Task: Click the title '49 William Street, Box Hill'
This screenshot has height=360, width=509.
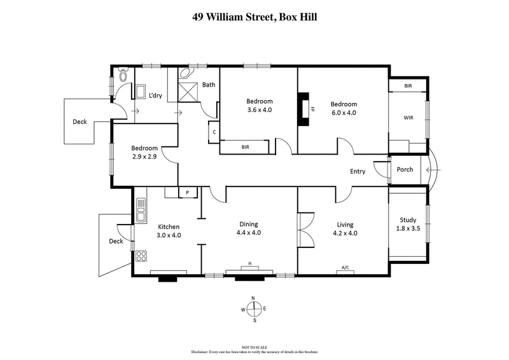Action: [x=254, y=17]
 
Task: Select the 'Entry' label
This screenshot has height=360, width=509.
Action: [x=358, y=171]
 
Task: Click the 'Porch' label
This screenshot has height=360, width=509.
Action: [x=405, y=169]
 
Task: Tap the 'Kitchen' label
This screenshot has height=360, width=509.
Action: [x=169, y=226]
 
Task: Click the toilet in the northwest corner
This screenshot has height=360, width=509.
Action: [x=123, y=77]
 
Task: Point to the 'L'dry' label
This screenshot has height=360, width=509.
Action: [x=155, y=96]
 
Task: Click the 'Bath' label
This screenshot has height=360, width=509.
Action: [x=209, y=85]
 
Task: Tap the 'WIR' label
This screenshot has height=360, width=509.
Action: [x=408, y=118]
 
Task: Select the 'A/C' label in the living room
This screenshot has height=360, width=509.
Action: [x=345, y=268]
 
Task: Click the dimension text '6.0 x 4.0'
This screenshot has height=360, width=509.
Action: [x=343, y=113]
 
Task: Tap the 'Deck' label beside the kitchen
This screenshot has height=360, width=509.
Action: [x=115, y=241]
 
